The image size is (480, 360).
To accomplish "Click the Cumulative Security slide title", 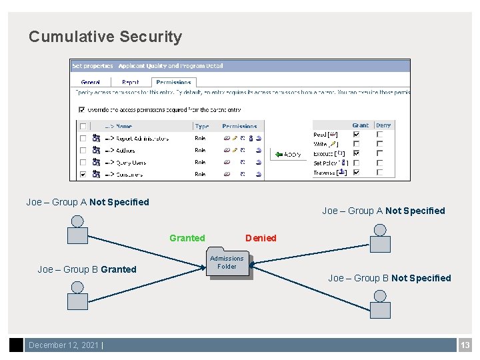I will point(105,37).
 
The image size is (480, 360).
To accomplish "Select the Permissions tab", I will point(173,82).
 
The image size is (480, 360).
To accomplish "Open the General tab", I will point(90,82).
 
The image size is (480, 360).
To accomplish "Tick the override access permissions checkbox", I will point(82,110).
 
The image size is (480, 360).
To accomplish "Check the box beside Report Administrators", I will point(83,139).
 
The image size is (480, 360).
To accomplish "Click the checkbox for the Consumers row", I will point(83,175).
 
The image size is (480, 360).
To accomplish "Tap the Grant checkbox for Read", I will point(356,134).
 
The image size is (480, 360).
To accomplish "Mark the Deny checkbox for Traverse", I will point(379,172).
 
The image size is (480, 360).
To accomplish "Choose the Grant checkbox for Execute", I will point(356,153).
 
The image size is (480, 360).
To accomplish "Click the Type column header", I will point(202,125).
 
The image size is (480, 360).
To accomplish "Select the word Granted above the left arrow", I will point(187,238).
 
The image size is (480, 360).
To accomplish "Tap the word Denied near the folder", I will point(261,238).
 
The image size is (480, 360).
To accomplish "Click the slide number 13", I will point(465,345).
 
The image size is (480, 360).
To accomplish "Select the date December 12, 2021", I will point(63,345).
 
